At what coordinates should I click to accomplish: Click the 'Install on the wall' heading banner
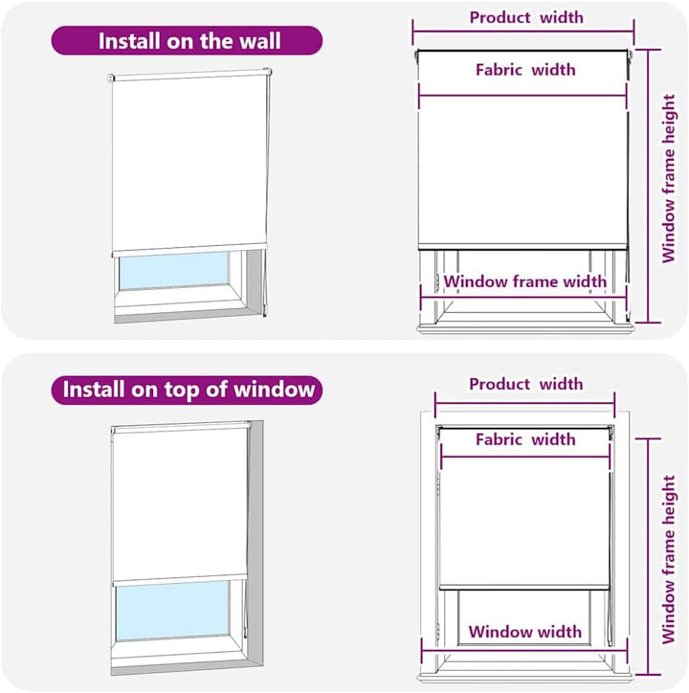point(187,40)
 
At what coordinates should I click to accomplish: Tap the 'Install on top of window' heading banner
point(187,390)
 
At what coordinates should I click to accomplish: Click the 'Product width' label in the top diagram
point(526,17)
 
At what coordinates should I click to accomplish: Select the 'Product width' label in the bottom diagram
point(526,384)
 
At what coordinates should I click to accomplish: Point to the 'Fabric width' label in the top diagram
point(525,70)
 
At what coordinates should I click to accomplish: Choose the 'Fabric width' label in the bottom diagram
point(525,439)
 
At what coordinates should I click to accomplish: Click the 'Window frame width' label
point(525,281)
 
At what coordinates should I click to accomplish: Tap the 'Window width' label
point(525,632)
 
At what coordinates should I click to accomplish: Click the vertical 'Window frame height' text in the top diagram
point(669,179)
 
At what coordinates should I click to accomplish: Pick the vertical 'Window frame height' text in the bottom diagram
point(669,560)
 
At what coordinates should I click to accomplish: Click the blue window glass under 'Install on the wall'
point(174,270)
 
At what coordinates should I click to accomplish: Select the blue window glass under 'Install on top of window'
point(173,610)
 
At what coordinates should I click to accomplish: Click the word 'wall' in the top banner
point(260,41)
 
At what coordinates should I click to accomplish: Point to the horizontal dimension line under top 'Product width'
point(523,32)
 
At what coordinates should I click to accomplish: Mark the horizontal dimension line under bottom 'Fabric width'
point(525,457)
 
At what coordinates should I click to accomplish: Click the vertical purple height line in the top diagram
point(649,186)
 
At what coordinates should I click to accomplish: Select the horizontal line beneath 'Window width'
point(524,651)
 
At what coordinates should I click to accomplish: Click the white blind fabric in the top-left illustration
point(189,162)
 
